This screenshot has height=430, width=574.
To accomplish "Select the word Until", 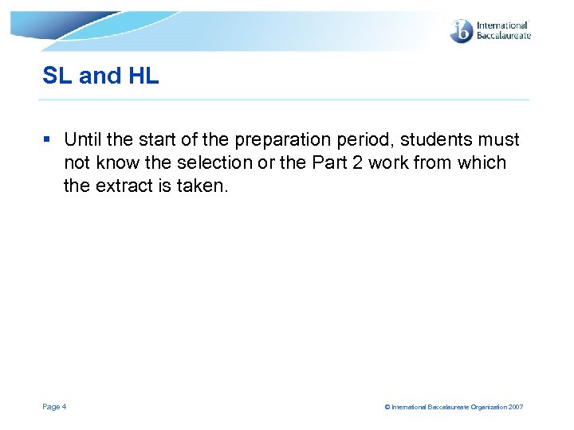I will tap(83, 140).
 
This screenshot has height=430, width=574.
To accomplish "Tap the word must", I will tap(500, 140).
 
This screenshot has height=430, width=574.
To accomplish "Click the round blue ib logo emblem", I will tap(462, 31).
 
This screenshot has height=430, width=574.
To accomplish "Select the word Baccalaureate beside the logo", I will tap(503, 36).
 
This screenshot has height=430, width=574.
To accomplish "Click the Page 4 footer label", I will tap(54, 407).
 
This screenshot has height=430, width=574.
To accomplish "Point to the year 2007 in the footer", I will tap(515, 407).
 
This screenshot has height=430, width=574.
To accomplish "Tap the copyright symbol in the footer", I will tap(387, 407).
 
